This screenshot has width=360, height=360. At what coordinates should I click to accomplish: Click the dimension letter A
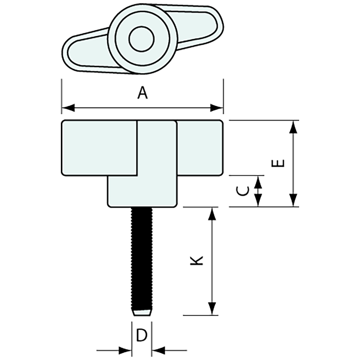point(142,93)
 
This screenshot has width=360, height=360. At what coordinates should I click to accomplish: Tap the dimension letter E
point(279,163)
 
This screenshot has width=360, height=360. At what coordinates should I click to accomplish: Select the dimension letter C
point(243,191)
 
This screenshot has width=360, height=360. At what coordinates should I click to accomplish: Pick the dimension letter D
point(141,336)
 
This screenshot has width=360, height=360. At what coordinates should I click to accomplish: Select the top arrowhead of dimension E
point(294,127)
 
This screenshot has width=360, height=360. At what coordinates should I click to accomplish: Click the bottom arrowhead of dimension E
point(294,200)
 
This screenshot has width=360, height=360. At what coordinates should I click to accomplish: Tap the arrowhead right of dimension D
point(158,351)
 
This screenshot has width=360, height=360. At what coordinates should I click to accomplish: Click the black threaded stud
point(142,259)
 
